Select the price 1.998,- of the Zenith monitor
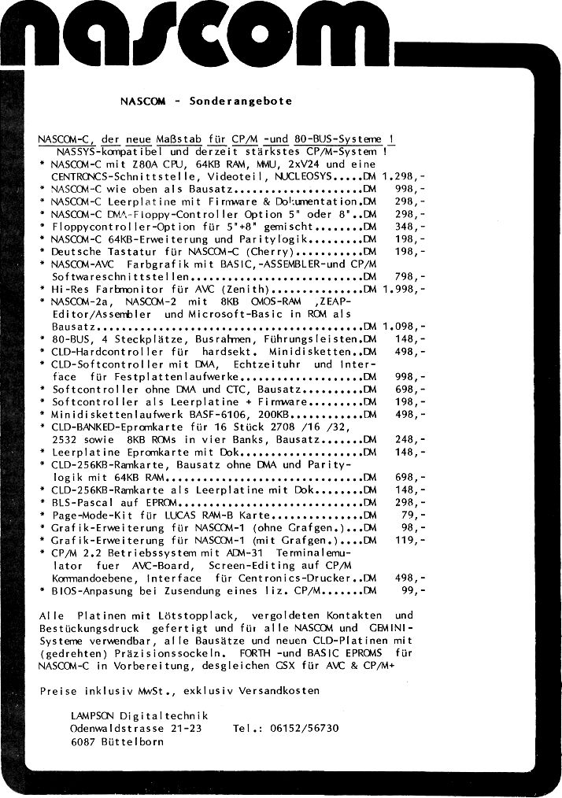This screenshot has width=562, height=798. click(x=403, y=289)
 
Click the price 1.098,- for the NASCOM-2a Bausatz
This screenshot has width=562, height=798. click(x=403, y=327)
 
